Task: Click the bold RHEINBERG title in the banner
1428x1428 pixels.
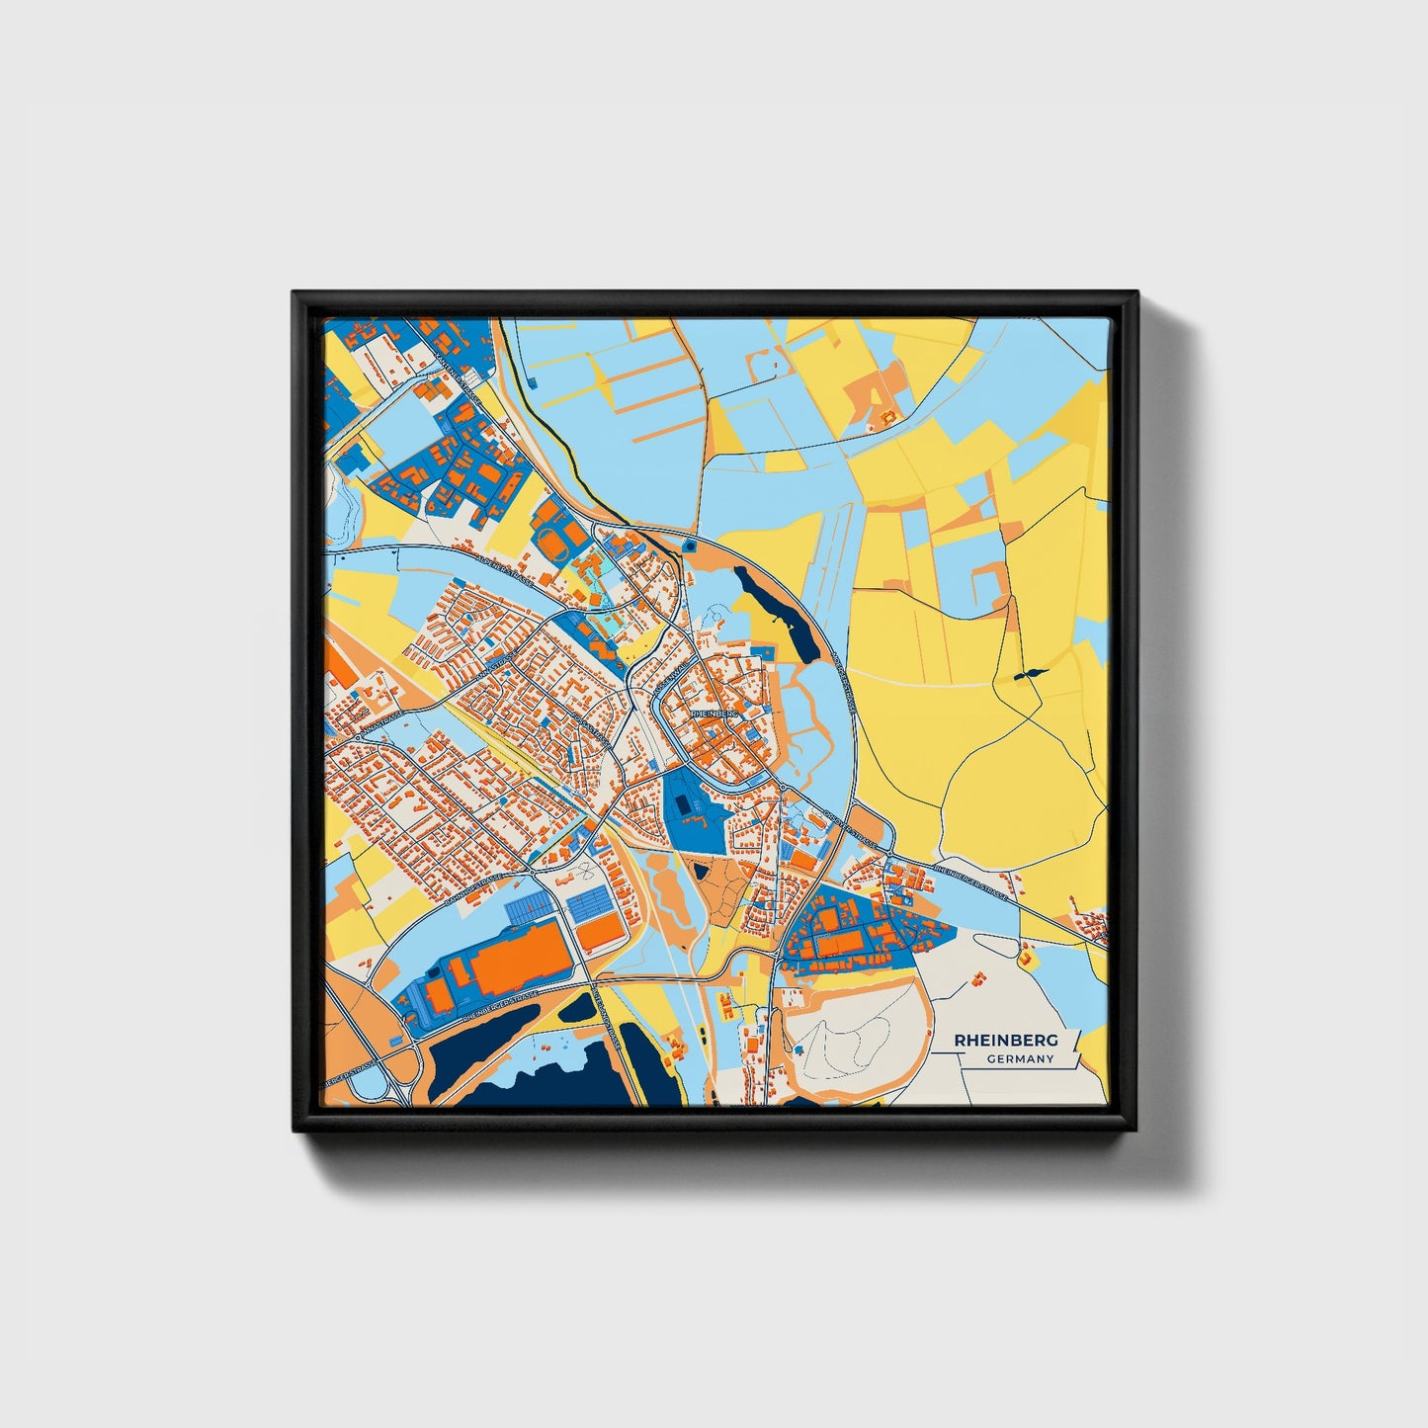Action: click(x=1005, y=1040)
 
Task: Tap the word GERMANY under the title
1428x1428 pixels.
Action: click(x=1020, y=1059)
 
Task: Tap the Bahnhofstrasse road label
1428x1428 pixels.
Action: click(x=472, y=892)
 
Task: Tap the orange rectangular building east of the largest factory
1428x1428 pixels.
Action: click(x=599, y=933)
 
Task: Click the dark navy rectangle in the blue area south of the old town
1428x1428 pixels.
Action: click(x=683, y=807)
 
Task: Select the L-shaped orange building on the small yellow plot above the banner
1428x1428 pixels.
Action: click(x=1025, y=957)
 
